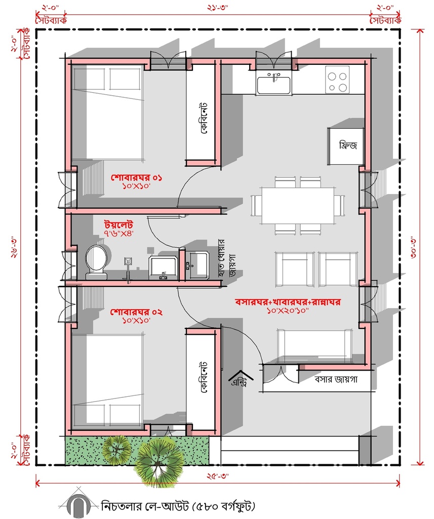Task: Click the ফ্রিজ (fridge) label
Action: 348,145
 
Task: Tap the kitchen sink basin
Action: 274,85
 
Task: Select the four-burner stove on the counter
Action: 337,80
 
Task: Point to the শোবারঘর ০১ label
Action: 136,178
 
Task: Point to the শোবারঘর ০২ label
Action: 136,312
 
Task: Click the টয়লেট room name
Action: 119,225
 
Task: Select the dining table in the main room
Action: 298,206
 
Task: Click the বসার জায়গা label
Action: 336,379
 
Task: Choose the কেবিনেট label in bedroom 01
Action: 204,118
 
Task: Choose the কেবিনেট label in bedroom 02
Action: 204,377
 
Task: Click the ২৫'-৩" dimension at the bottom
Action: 218,476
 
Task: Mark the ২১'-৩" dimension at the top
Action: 218,8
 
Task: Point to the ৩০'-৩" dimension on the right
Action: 414,247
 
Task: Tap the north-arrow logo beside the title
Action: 78,504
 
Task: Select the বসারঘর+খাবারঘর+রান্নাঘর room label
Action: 288,302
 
